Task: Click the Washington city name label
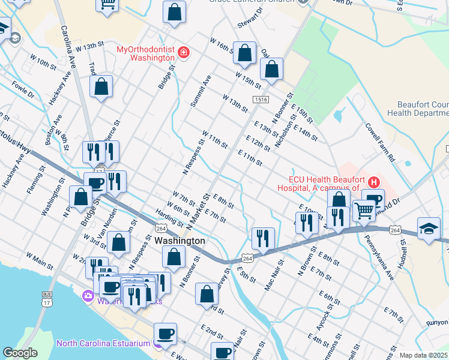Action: (x=179, y=241)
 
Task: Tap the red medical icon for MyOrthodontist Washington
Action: (x=184, y=53)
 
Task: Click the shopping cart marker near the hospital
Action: (x=364, y=211)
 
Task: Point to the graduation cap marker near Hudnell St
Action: (x=429, y=229)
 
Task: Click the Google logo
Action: (x=20, y=353)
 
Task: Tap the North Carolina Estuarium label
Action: (x=104, y=344)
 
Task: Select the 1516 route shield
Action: (x=260, y=100)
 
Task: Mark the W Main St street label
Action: (x=40, y=257)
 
